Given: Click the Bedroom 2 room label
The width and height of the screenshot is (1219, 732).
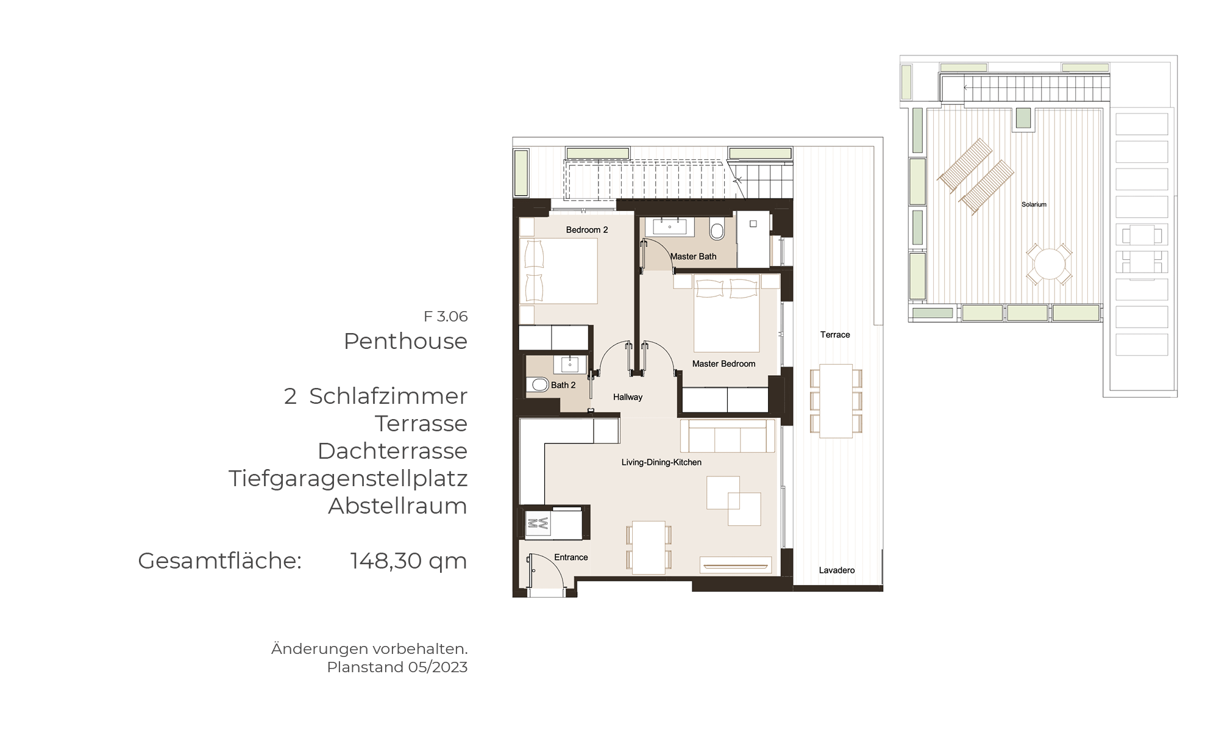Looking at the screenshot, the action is tap(587, 230).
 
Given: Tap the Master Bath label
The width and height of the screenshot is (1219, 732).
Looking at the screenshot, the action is tap(694, 257).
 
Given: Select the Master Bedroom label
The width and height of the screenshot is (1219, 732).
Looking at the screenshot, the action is tap(723, 364).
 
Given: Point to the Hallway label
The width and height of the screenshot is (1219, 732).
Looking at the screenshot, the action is tap(628, 397).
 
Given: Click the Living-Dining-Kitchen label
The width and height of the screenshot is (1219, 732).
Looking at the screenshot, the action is tap(661, 462).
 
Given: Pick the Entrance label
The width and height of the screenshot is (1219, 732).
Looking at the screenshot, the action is tap(571, 558).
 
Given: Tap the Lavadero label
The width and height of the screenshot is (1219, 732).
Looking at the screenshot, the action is tap(837, 570).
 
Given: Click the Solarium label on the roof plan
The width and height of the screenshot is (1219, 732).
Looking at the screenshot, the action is tap(1034, 204).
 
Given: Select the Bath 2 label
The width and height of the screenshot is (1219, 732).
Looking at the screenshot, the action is tap(563, 386).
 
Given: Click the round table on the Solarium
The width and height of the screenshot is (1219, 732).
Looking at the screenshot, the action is tap(1049, 265).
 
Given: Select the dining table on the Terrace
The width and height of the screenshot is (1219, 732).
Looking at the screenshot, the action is tap(836, 401).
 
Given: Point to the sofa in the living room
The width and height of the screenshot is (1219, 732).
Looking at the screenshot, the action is tap(727, 436).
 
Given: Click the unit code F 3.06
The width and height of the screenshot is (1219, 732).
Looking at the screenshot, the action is tap(446, 317).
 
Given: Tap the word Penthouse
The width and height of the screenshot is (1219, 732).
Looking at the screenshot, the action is tap(405, 342).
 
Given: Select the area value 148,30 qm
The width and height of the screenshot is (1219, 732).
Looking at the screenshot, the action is tap(408, 561).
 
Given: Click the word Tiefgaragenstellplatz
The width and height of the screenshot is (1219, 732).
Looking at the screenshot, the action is tap(348, 479).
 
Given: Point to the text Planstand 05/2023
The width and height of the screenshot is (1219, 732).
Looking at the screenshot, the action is tap(397, 667).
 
